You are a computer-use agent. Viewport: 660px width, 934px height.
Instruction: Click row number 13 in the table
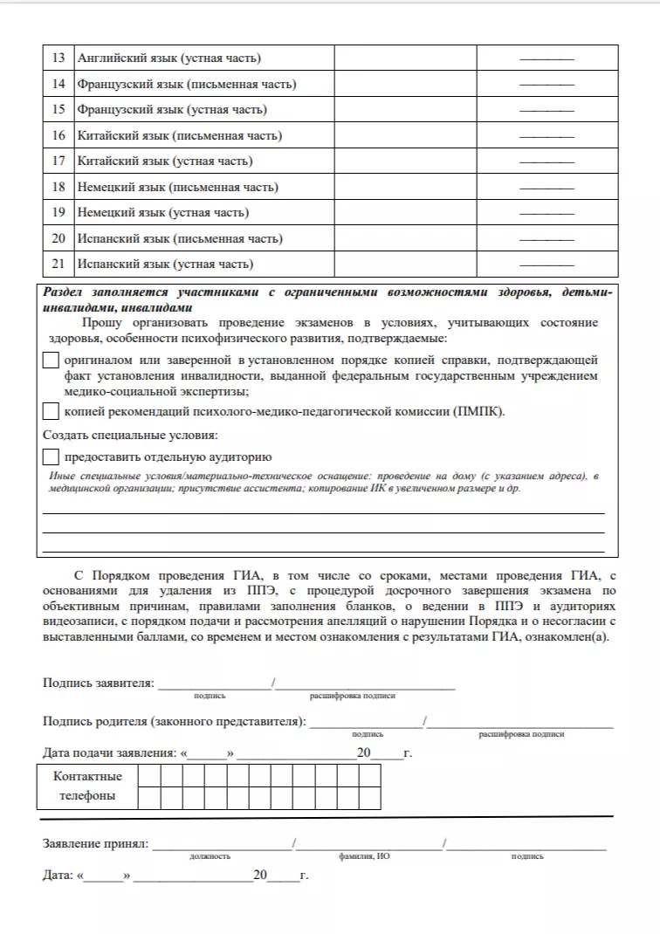click(58, 58)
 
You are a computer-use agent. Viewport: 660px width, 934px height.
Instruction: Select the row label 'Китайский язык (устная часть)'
click(165, 161)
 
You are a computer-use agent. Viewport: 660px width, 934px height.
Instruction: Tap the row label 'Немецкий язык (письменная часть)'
click(178, 187)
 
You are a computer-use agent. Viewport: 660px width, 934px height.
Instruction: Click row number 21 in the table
click(58, 264)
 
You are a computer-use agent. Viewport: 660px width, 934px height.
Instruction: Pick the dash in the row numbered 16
click(547, 136)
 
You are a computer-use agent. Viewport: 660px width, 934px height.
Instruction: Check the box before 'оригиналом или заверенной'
click(51, 361)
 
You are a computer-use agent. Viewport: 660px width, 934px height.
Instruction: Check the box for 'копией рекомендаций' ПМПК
click(51, 411)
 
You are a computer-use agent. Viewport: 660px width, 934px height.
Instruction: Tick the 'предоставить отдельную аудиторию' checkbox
click(51, 457)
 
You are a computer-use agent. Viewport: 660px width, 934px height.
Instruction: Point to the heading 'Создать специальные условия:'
click(130, 435)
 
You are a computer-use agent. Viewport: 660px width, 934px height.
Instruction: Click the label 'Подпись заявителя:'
click(99, 683)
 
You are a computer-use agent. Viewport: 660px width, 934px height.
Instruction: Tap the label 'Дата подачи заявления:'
click(109, 753)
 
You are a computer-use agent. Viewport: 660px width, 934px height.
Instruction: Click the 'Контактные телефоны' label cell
click(87, 786)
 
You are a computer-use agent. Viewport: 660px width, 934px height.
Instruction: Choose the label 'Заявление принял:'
click(96, 844)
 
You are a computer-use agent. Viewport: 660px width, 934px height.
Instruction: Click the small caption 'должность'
click(210, 857)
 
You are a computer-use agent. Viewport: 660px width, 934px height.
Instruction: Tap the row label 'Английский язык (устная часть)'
click(169, 58)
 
